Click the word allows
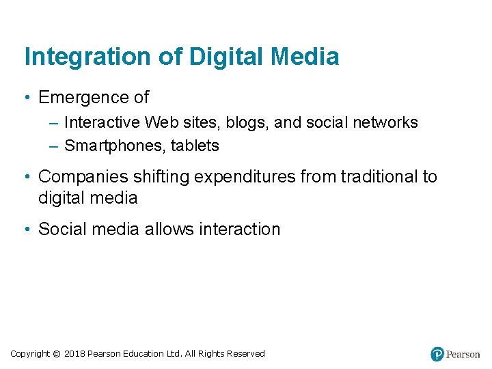click(x=169, y=230)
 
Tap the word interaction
click(x=239, y=230)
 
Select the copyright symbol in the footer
click(x=56, y=354)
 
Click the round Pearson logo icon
click(x=437, y=354)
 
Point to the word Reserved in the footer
click(x=246, y=354)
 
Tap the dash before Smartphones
click(x=55, y=146)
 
